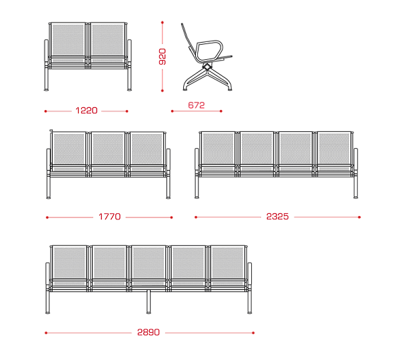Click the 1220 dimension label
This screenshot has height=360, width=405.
(87, 111)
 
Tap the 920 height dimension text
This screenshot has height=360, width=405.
(163, 57)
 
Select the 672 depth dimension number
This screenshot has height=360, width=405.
(197, 105)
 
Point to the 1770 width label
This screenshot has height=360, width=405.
(109, 217)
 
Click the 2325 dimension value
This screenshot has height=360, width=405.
(277, 216)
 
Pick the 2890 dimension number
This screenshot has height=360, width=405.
(149, 332)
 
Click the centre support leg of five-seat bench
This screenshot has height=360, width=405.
(149, 302)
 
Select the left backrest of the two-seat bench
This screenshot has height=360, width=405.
(68, 39)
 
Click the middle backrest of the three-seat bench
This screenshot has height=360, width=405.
(108, 149)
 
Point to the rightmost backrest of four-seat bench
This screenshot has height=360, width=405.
(334, 148)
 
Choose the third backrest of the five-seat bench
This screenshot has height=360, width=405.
(149, 263)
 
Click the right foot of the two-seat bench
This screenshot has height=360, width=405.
(129, 90)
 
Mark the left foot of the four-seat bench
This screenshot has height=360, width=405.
(197, 197)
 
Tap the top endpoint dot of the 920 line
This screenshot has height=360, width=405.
(163, 23)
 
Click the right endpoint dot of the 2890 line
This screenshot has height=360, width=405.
(253, 333)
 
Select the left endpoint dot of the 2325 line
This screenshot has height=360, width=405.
(196, 217)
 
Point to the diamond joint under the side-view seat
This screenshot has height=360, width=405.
(206, 67)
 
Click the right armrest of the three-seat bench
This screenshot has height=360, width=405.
(169, 160)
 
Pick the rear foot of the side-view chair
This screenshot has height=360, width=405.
(186, 89)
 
